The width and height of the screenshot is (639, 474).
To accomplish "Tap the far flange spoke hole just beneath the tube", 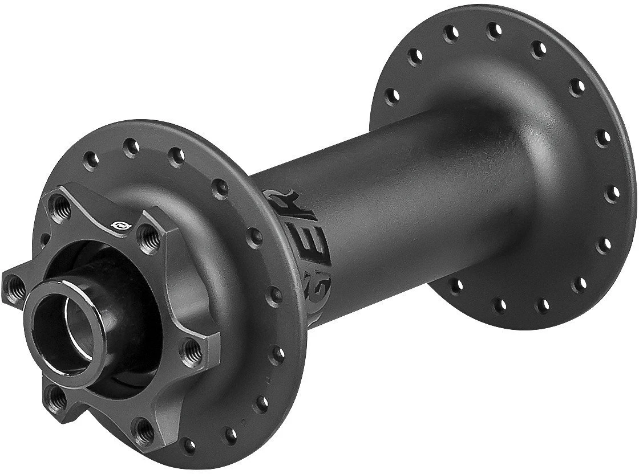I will (x=456, y=285).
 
